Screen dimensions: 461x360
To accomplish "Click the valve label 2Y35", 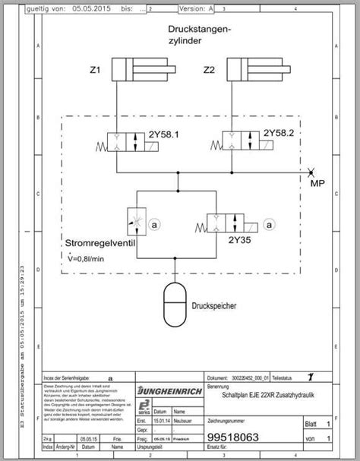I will pos(240,240).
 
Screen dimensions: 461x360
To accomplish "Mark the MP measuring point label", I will pos(318,182).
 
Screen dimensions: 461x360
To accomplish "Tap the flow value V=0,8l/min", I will pos(91,259).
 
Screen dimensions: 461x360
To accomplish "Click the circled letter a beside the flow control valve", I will pos(152,225).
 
